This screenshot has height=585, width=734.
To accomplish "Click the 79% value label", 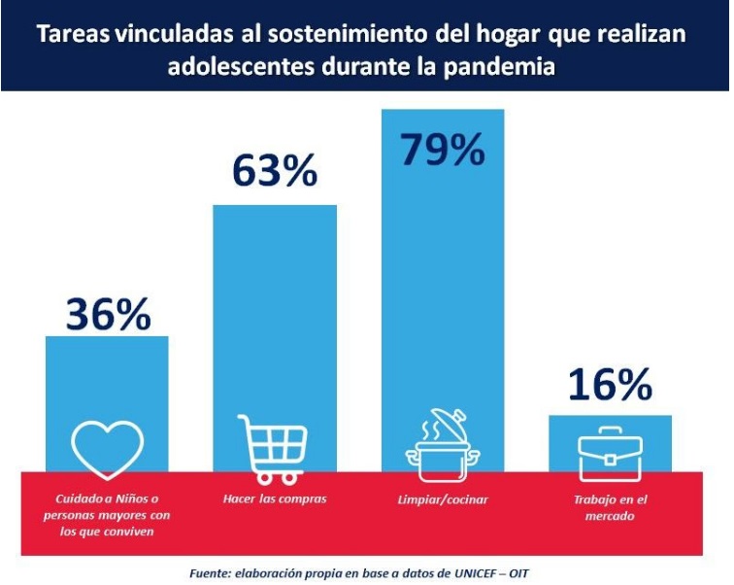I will [x=442, y=151].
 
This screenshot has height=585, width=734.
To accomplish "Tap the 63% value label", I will [x=275, y=170].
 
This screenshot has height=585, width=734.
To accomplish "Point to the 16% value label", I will [x=610, y=386].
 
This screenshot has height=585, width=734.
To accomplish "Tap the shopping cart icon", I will [x=274, y=449].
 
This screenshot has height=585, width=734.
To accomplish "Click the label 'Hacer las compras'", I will [x=275, y=499].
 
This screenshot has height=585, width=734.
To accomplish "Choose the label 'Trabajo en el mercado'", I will [x=610, y=508].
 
